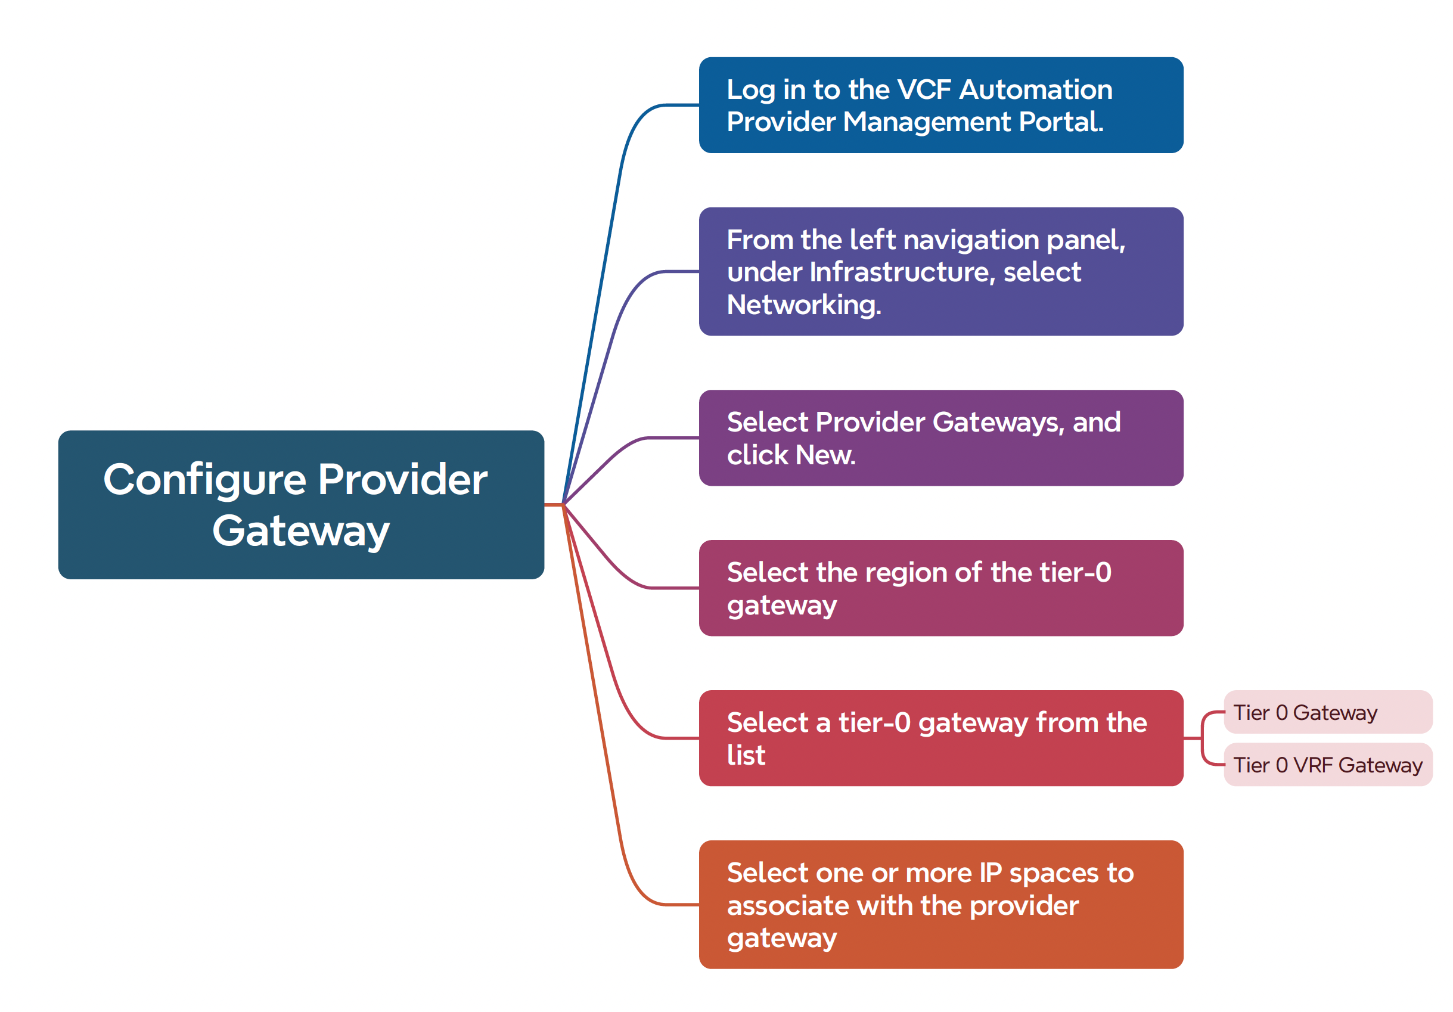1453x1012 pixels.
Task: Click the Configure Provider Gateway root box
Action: point(300,504)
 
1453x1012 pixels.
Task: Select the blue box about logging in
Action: point(940,105)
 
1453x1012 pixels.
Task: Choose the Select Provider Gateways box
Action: point(940,438)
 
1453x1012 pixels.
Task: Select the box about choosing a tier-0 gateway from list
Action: point(940,738)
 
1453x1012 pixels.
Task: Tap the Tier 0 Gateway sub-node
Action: point(1327,712)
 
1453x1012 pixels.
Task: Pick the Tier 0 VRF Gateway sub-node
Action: point(1327,765)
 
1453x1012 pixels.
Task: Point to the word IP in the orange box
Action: point(991,873)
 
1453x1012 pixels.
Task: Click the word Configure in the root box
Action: point(204,479)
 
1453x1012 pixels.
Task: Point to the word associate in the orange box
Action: point(788,906)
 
